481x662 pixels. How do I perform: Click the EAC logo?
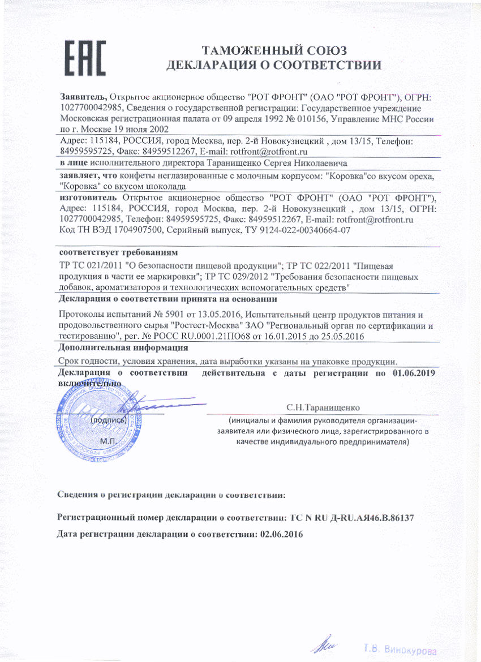(84, 58)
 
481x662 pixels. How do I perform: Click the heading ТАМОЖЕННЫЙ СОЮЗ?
(274, 50)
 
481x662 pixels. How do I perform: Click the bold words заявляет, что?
(84, 177)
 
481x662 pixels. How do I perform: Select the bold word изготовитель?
(88, 197)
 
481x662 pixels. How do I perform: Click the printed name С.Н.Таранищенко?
(323, 407)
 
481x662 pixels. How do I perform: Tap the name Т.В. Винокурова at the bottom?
(400, 650)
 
